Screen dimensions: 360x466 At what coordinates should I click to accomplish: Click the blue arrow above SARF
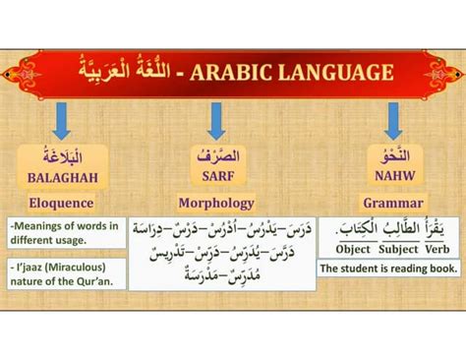click(217, 120)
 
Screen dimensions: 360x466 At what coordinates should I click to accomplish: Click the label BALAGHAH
click(61, 179)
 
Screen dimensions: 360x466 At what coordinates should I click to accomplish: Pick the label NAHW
click(392, 179)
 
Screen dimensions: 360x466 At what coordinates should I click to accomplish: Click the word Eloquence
click(62, 204)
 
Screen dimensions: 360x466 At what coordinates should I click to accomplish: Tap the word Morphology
click(216, 204)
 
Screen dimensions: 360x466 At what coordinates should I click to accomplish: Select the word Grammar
click(392, 204)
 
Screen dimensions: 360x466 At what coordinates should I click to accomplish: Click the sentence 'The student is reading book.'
click(386, 269)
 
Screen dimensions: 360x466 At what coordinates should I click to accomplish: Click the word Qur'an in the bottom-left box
click(100, 281)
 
